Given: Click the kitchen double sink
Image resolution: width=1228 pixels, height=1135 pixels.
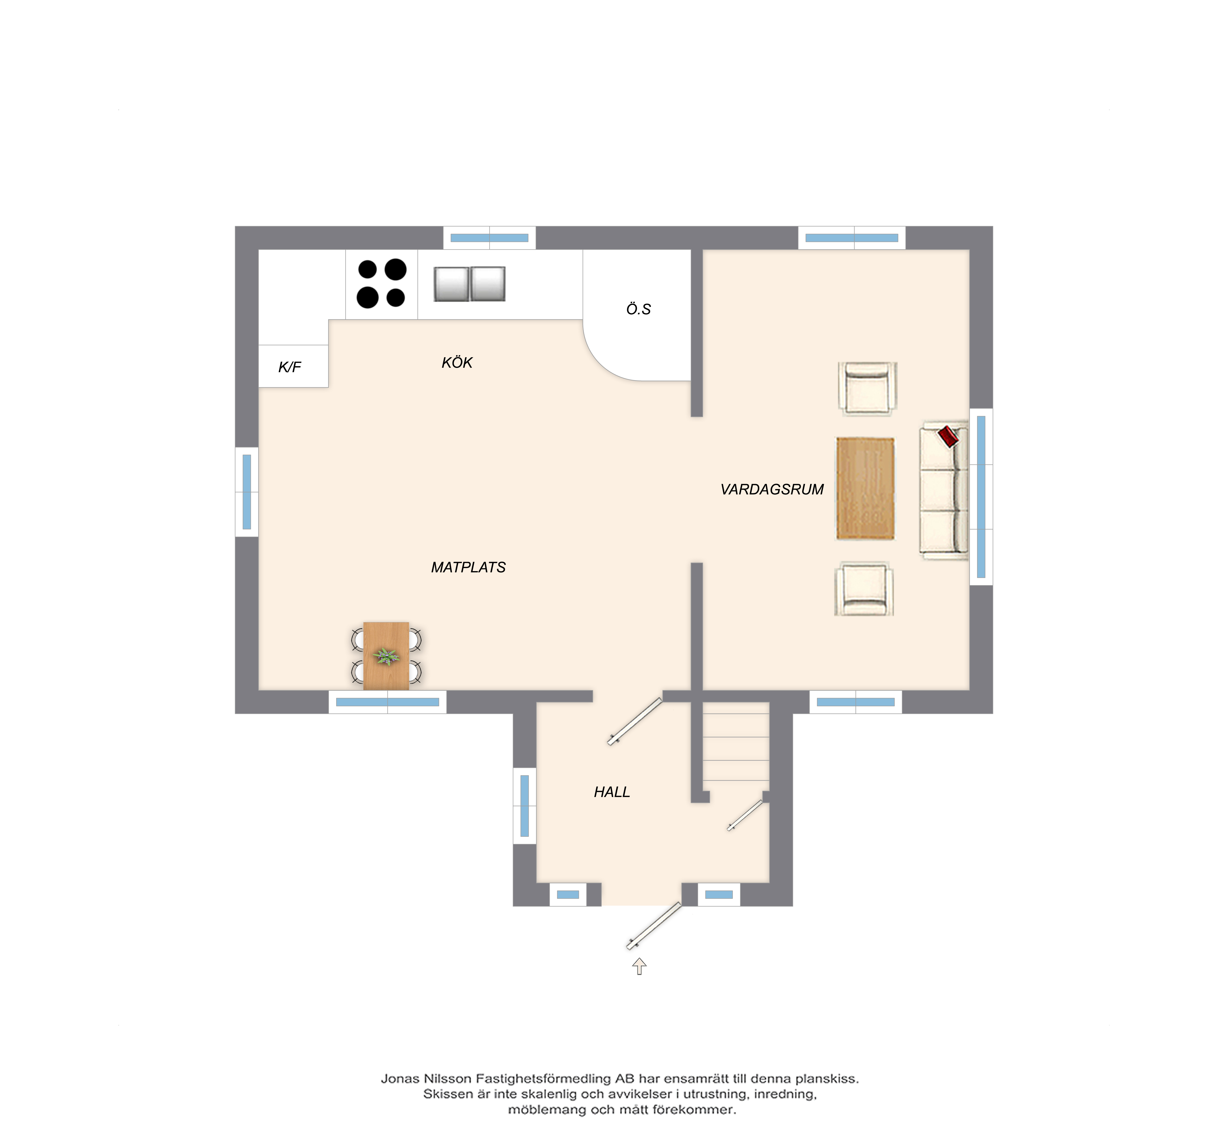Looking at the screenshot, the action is click(x=469, y=284).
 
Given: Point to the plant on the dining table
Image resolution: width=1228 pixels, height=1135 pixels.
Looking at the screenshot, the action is click(x=386, y=657).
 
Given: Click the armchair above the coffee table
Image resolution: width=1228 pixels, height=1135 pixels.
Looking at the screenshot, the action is click(x=868, y=388).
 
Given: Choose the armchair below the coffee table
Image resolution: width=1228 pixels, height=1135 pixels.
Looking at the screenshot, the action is click(x=864, y=589).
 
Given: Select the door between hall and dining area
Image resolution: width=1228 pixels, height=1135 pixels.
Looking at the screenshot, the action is click(x=635, y=722).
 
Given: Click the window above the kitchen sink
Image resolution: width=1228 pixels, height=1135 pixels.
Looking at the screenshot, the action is click(x=490, y=238).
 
